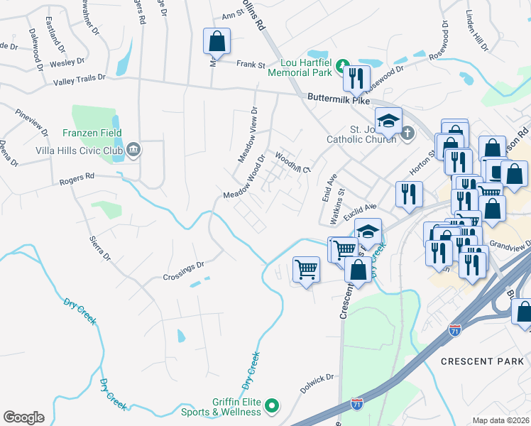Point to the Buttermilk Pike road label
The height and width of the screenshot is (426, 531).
(339, 101)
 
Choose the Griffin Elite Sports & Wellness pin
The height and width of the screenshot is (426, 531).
(271, 406)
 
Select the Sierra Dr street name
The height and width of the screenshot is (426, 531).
(100, 246)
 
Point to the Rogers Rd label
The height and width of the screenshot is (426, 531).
(79, 177)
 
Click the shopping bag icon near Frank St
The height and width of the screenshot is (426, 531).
(217, 40)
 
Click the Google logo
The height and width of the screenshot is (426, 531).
(23, 417)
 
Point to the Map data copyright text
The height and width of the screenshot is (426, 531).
(501, 420)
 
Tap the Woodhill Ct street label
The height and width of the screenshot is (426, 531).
(293, 163)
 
